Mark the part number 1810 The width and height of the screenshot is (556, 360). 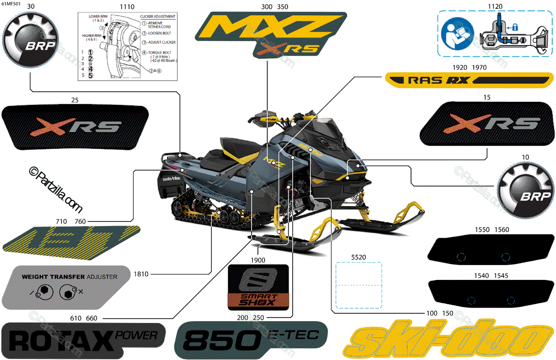[140, 274]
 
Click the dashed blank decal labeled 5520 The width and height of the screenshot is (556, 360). [358, 285]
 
